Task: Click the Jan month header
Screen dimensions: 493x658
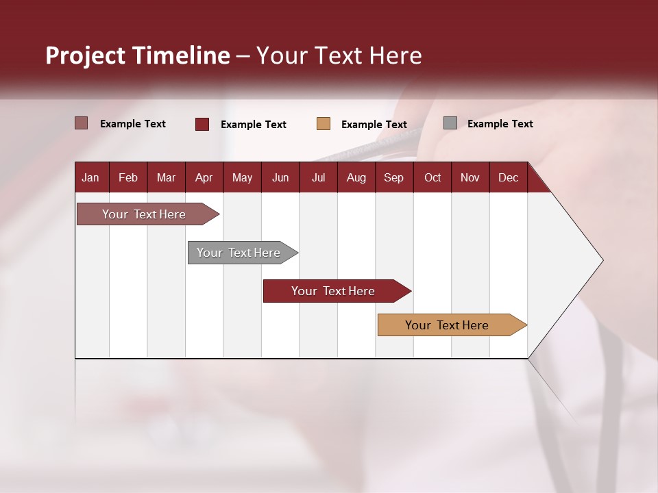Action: (x=90, y=177)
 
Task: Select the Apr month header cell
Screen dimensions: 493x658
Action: (x=204, y=177)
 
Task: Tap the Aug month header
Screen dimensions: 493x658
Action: (x=356, y=177)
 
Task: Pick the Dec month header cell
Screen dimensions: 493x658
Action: (x=508, y=177)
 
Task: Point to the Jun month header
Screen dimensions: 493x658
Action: (x=280, y=177)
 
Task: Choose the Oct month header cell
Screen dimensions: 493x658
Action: (x=432, y=177)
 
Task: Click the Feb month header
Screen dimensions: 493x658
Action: (x=128, y=177)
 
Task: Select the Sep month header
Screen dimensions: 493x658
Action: (x=393, y=177)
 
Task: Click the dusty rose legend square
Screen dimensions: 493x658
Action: (x=82, y=123)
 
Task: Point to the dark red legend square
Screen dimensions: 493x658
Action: (x=202, y=124)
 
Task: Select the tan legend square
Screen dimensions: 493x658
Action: (x=324, y=124)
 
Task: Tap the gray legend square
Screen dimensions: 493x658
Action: (x=450, y=123)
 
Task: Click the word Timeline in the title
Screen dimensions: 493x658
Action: (x=180, y=55)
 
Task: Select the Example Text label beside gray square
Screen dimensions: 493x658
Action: (x=500, y=124)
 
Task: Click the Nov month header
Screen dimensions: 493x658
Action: (x=470, y=177)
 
